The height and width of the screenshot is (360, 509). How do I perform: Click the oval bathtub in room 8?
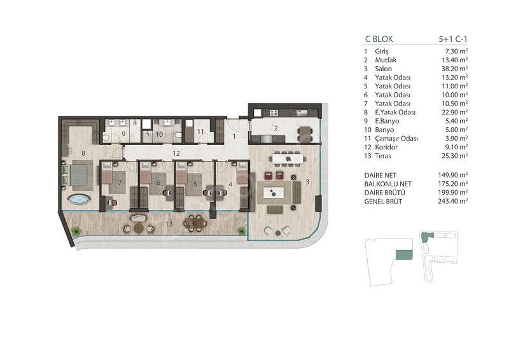(79, 199)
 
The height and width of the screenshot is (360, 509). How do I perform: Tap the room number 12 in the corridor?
(176, 153)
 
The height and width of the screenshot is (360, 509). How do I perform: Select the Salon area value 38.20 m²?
(453, 69)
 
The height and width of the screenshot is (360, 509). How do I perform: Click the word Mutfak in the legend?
(386, 60)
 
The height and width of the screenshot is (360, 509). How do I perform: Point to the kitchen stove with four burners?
(274, 113)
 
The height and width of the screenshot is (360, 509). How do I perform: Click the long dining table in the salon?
(289, 159)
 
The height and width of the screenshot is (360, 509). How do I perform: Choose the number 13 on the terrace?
(169, 224)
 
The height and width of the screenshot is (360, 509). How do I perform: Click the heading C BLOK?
(379, 39)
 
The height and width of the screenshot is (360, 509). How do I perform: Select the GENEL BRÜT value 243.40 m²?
(453, 201)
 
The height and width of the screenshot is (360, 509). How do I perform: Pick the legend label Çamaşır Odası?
(396, 139)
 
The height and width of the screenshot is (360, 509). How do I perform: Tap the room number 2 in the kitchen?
(275, 128)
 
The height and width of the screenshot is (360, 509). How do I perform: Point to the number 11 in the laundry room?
(200, 132)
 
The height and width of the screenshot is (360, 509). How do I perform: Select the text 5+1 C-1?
(453, 39)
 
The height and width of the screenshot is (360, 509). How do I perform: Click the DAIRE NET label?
(380, 176)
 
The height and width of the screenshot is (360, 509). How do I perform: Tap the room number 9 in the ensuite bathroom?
(123, 134)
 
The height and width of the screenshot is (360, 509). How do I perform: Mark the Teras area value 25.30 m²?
(453, 156)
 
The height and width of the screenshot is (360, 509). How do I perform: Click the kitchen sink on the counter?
(302, 113)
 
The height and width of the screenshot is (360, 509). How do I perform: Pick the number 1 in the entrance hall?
(234, 137)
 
